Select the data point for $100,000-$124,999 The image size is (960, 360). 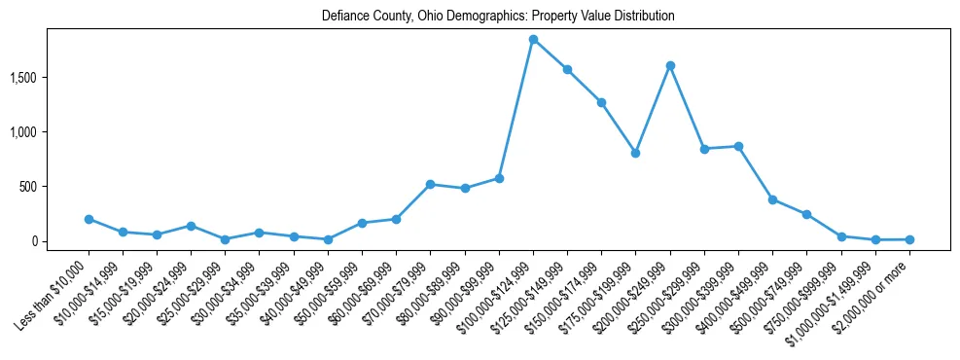pos(533,40)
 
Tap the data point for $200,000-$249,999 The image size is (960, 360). pos(670,65)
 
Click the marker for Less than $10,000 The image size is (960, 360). pos(89,219)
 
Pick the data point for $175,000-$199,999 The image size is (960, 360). pos(635,153)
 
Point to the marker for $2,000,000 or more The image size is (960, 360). pos(909,239)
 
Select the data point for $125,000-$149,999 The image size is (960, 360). pos(567,69)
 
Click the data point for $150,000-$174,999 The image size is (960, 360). pos(601,102)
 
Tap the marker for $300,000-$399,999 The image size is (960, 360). pos(738,146)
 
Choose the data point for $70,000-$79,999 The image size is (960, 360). pos(430,184)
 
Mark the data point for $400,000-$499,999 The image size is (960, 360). pos(772,199)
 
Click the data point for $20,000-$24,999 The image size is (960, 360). pos(191,226)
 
